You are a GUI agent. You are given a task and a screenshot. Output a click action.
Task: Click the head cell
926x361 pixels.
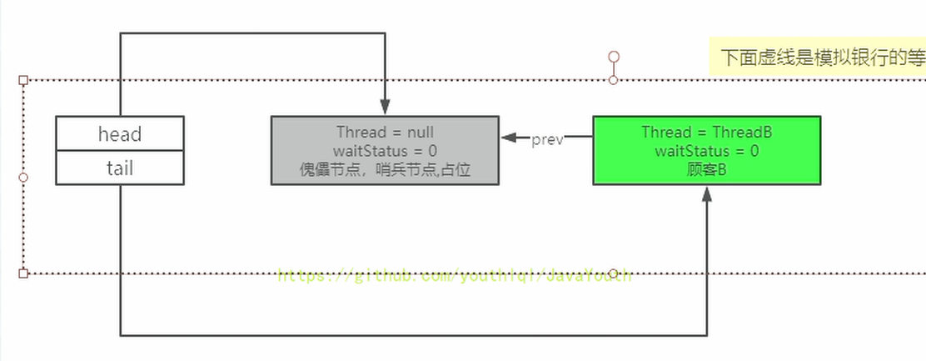(120, 133)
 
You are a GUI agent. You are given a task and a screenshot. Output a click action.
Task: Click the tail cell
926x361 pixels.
(120, 168)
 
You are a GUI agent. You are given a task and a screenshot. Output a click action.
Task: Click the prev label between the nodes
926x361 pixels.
(547, 139)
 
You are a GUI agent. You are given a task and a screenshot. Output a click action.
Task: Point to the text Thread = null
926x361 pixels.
(385, 133)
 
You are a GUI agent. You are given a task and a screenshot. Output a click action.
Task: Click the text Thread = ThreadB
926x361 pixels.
(706, 133)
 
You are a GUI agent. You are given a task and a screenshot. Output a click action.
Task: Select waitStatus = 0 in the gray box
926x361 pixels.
(385, 150)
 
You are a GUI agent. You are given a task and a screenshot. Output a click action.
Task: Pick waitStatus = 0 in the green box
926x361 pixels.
(706, 150)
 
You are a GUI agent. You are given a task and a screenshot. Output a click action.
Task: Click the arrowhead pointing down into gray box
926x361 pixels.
(385, 108)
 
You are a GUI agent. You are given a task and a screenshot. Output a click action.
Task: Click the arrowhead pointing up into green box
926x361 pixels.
(706, 193)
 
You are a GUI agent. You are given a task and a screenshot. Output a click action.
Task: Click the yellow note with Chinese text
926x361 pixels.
(820, 58)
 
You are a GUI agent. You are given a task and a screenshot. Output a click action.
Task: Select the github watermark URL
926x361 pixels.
(455, 276)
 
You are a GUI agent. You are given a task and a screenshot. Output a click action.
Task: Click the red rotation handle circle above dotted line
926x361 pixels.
(614, 57)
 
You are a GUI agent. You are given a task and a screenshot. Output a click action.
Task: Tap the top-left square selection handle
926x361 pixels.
(23, 80)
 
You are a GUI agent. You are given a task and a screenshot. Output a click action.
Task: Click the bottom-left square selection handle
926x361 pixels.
(23, 273)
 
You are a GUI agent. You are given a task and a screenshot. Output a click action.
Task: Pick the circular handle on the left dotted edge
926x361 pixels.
(23, 177)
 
